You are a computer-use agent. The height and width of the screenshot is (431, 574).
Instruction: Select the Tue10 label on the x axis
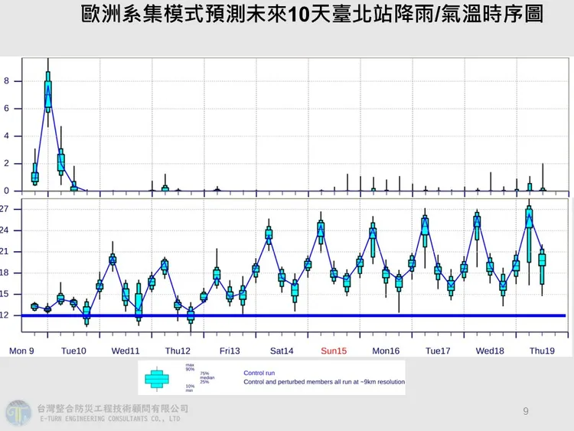(73, 351)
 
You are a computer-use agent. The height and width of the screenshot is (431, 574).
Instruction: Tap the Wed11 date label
(126, 351)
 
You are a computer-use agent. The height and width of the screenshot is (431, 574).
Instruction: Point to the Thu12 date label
(178, 351)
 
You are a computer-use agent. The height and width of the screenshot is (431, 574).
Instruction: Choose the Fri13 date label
(230, 351)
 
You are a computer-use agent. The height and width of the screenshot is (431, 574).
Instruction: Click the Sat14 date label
(281, 351)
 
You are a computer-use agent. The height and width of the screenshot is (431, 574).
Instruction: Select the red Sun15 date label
(333, 351)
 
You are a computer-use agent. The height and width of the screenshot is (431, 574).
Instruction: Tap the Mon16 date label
(385, 351)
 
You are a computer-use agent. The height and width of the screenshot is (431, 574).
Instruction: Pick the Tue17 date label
(437, 351)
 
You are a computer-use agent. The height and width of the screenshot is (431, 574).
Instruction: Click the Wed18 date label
(489, 351)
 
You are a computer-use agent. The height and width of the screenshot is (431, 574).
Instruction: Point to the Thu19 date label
(541, 351)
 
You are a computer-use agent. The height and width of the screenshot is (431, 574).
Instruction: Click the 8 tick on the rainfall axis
(5, 80)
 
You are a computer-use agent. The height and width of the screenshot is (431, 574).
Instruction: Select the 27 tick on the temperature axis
(5, 209)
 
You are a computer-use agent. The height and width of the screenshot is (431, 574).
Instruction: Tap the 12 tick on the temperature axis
(5, 315)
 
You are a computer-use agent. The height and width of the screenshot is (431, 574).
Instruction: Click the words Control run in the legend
(259, 373)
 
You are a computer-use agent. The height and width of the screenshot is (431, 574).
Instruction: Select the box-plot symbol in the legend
(157, 377)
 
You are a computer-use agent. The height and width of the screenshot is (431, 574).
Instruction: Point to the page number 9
(525, 411)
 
